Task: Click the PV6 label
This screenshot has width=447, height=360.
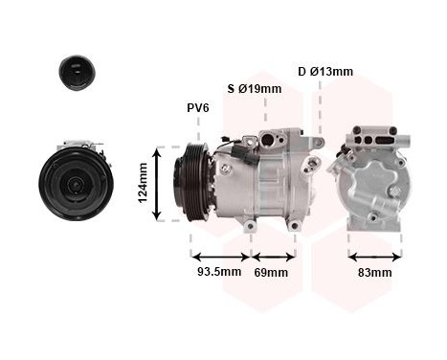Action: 197,108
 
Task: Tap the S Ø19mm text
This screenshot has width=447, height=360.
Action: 254,89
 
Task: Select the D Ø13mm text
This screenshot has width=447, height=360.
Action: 324,71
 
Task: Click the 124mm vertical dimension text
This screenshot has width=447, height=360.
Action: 144,182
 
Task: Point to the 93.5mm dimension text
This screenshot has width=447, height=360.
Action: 217,273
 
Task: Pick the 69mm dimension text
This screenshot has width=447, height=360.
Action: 272,273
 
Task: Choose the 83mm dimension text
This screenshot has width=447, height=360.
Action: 374,273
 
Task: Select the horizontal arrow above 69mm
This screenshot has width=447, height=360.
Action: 273,256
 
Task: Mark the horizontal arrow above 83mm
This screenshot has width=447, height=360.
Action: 374,256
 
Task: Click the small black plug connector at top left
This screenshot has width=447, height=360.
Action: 77,72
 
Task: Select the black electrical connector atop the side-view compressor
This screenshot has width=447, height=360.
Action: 236,148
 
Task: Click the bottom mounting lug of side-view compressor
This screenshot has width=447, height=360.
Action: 250,225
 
